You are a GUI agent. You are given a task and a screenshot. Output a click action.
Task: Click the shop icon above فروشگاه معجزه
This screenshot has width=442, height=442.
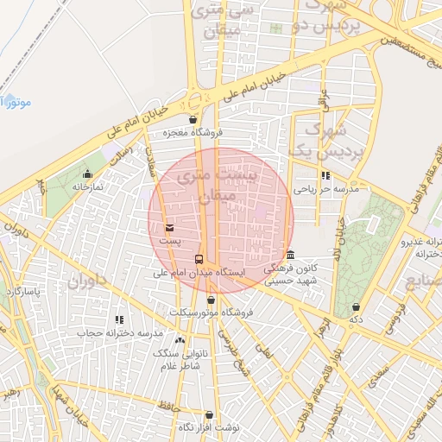coord(193,120)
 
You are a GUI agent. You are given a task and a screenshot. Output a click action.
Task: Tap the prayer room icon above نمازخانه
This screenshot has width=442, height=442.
coord(87,174)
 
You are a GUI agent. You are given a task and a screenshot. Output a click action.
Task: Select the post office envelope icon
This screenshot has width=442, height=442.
coord(169,228)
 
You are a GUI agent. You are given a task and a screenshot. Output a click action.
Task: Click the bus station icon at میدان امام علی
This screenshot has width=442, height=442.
coord(199,259)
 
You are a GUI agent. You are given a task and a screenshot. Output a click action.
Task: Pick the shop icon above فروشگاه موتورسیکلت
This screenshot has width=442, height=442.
coord(212,300)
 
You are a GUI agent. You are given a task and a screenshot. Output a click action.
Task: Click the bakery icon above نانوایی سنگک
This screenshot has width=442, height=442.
coord(180,341)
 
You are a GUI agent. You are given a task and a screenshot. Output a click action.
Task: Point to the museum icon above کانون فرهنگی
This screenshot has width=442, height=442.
coord(289,256)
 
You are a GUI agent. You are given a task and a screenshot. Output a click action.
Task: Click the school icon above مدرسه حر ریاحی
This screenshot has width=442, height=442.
coord(325,175)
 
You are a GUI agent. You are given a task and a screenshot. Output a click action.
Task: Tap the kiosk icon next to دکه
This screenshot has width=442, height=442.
coord(356,307)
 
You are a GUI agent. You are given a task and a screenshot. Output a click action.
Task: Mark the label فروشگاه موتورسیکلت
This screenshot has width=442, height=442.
coord(211,312)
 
